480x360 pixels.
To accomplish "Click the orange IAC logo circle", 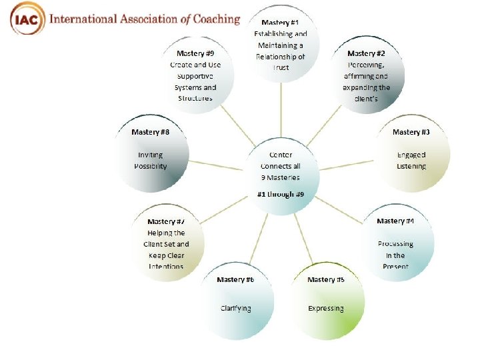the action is point(27,19).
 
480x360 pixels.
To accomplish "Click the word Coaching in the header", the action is point(212,19).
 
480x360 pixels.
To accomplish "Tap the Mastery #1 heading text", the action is point(279,23).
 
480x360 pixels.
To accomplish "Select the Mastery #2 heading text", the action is point(366,53).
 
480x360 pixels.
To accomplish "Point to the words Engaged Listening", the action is point(411,160).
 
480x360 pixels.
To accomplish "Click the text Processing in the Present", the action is point(395,255).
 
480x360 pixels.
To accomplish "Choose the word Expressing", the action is point(326,308).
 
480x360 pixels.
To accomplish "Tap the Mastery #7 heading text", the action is point(166,221).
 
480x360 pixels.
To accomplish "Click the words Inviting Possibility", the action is point(150,160).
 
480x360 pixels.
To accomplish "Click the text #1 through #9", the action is point(281,194).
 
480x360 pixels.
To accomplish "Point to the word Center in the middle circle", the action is point(281,155).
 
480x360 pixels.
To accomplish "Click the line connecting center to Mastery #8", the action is point(217,163).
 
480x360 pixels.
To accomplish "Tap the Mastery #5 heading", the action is point(326,279).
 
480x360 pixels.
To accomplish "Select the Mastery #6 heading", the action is point(235,279).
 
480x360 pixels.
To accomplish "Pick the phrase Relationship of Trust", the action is point(281,62).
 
